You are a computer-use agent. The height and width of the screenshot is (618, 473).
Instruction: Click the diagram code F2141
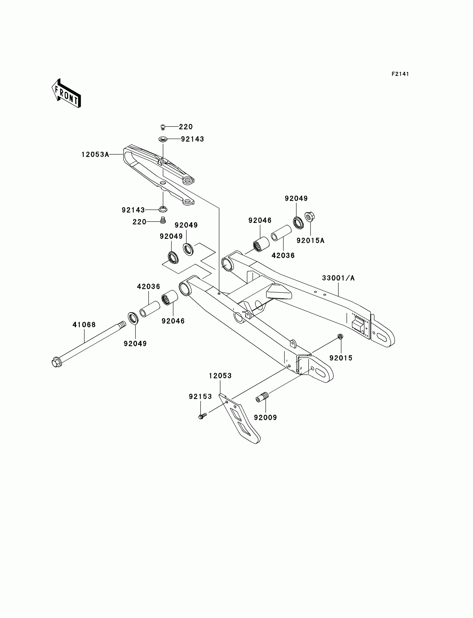pos(400,74)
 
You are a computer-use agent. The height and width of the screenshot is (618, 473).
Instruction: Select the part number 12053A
pos(95,154)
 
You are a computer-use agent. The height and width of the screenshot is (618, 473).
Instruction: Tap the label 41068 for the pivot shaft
pos(84,325)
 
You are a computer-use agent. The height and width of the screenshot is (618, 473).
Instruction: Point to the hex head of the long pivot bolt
pos(56,362)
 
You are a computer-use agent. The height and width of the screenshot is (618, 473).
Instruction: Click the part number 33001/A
pos(338,278)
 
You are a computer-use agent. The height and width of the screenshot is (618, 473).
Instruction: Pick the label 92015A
pos(311,240)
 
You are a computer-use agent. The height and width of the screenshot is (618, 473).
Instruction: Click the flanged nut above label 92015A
pos(309,217)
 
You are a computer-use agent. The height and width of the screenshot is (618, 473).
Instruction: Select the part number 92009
pos(265,418)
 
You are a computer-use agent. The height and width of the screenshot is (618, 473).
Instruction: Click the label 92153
pos(200,396)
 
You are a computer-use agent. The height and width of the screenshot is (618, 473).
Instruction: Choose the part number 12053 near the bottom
pos(220,376)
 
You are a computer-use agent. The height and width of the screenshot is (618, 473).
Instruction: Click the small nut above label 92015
pos(340,336)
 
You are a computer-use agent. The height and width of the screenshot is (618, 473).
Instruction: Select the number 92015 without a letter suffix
pos(341,358)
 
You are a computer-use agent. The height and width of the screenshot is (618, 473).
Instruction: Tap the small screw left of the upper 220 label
pos(162,127)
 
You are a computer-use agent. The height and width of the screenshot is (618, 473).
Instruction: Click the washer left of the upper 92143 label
pos(162,139)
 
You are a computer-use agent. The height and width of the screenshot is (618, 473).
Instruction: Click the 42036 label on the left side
pos(148,286)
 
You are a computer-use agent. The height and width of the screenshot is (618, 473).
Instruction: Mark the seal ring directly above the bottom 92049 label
pos(133,318)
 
